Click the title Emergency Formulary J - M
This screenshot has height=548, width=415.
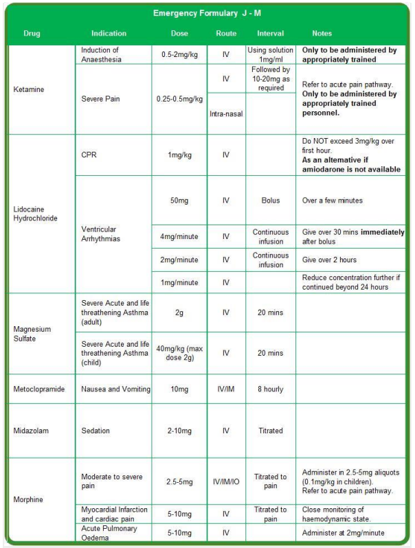pos(207,13)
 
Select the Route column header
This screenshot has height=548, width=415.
pos(226,33)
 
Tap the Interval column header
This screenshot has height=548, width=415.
pos(271,33)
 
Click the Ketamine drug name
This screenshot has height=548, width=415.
pos(28,89)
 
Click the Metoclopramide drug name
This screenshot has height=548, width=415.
pos(39,389)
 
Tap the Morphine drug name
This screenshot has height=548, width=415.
pos(28,499)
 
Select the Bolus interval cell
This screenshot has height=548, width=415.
pos(271,201)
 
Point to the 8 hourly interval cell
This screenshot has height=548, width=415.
pos(271,389)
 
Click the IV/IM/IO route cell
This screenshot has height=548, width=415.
pos(226,481)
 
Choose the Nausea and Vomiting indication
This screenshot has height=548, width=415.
pos(115,389)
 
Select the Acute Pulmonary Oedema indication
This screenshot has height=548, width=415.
pos(109,533)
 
